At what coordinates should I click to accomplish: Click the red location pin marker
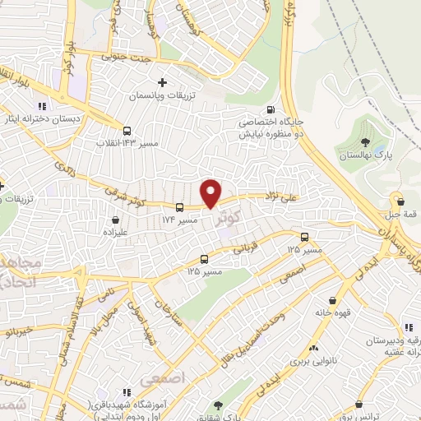(211, 192)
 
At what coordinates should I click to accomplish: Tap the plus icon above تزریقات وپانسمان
(162, 82)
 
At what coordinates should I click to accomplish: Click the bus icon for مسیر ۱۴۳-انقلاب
(127, 130)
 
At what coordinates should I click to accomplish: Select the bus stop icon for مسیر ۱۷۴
(179, 206)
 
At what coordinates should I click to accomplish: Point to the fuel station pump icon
(269, 111)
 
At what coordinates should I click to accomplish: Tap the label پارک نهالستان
(360, 154)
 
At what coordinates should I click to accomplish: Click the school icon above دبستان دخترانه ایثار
(41, 106)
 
